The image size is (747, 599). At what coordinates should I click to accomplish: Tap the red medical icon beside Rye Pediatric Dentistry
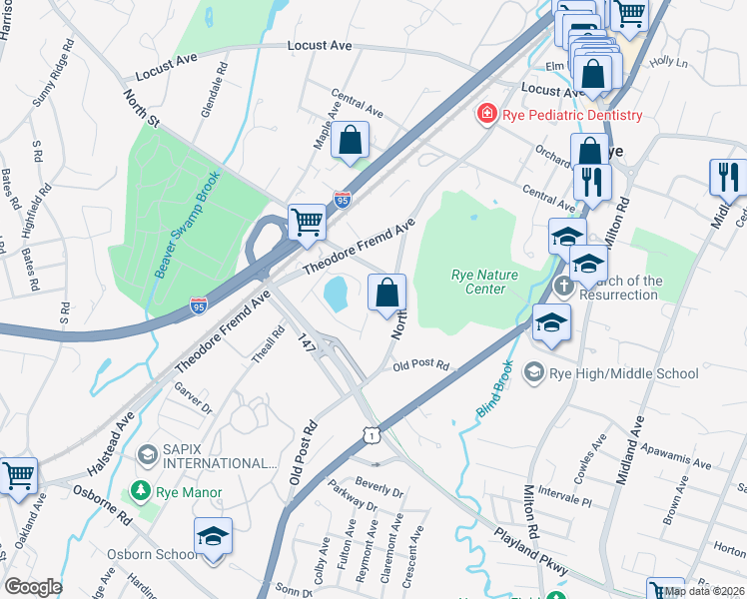(x=487, y=115)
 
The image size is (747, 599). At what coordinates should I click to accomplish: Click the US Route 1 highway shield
(x=371, y=436)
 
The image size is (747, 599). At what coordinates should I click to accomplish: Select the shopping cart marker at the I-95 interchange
(x=307, y=221)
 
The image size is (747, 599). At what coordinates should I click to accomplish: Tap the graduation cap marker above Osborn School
(x=213, y=536)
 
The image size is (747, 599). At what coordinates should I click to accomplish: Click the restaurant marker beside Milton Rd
(x=592, y=182)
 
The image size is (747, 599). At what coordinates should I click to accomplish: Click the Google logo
(x=32, y=587)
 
